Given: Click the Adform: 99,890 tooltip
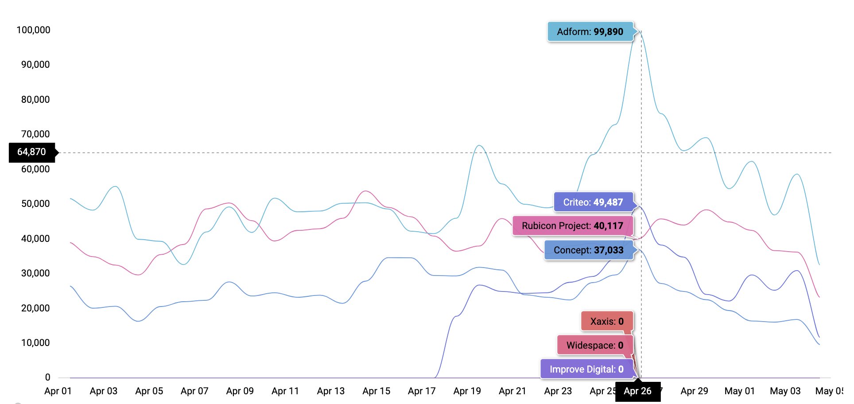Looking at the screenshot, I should click(x=590, y=32).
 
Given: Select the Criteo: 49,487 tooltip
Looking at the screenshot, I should click(x=593, y=202).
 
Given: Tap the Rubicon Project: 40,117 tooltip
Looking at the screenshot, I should click(x=572, y=226).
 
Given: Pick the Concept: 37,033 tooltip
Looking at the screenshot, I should click(x=588, y=250).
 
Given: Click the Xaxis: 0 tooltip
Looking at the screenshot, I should click(x=606, y=322).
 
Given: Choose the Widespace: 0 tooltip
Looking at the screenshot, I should click(x=594, y=346).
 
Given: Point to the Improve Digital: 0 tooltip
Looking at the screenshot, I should click(x=586, y=369).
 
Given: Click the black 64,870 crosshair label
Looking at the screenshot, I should click(x=31, y=152).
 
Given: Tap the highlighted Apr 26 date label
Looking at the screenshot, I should click(x=637, y=391).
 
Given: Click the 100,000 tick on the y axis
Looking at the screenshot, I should click(x=33, y=30).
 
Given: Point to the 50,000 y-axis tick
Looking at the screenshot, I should click(x=35, y=204).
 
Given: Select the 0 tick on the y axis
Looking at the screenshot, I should click(x=47, y=377).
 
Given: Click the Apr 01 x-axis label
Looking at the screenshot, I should click(x=58, y=391).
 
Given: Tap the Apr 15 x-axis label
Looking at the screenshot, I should click(x=376, y=391).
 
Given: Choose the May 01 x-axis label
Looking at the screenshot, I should click(x=739, y=391).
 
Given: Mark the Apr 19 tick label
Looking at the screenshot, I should click(x=467, y=391).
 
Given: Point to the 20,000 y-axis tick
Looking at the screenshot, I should click(x=35, y=308).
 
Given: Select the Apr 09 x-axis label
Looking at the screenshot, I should click(x=240, y=391).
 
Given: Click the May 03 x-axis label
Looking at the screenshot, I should click(x=785, y=391).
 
